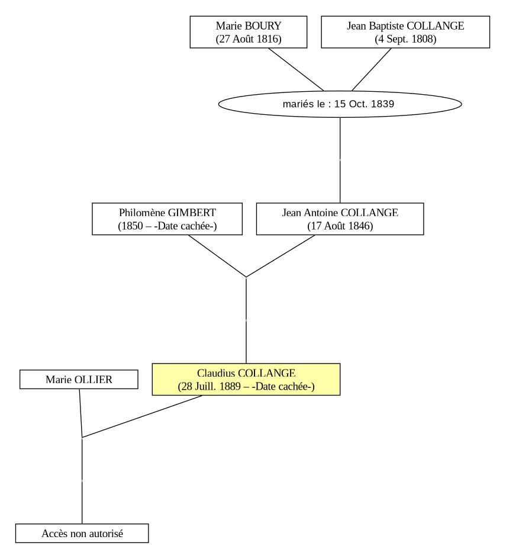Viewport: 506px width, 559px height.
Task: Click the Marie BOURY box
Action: point(249,32)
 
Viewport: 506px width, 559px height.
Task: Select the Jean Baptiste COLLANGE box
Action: point(405,32)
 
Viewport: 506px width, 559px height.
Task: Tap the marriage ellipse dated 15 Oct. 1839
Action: point(340,104)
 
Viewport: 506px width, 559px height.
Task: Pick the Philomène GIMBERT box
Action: point(167,219)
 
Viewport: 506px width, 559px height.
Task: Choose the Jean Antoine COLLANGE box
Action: point(340,219)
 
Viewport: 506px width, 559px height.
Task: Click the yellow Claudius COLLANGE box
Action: point(246,380)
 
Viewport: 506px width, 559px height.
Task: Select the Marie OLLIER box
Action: point(79,380)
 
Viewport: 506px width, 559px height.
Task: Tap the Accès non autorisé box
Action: point(82,534)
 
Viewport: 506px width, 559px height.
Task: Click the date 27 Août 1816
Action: point(249,39)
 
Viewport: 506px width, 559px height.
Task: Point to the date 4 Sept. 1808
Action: point(405,39)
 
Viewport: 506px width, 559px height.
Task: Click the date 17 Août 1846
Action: point(340,226)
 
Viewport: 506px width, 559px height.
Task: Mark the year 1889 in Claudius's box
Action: point(230,387)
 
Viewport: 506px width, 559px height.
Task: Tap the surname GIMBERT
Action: point(192,213)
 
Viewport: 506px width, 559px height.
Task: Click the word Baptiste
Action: point(386,26)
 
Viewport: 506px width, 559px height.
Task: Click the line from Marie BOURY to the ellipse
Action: point(296,69)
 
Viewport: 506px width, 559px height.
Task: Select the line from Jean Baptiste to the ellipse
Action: point(371,69)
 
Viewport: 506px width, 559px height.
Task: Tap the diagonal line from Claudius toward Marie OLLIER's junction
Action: point(142,416)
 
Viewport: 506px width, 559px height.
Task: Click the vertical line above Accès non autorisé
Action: point(82,481)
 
